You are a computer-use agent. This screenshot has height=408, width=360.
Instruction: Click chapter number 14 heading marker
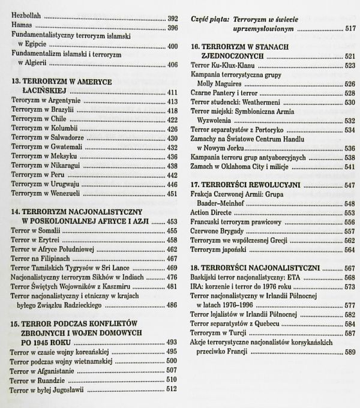(16, 212)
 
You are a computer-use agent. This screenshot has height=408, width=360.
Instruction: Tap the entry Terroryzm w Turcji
(221, 333)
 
